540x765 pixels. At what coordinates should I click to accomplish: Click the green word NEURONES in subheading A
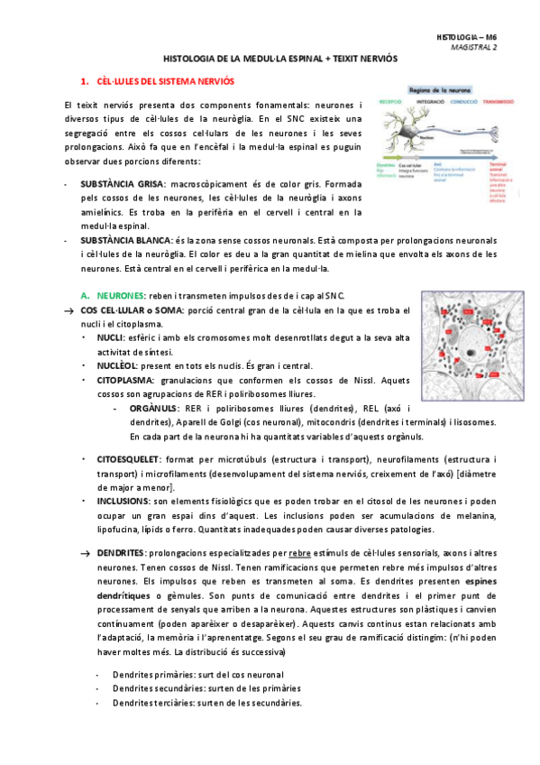pos(117,296)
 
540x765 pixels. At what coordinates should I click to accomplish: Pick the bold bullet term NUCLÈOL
pos(117,366)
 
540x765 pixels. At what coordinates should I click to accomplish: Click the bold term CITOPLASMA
pos(124,381)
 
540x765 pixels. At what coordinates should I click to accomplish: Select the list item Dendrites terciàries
pos(206,704)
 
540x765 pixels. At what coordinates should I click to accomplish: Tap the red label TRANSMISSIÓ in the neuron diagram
pos(498,103)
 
